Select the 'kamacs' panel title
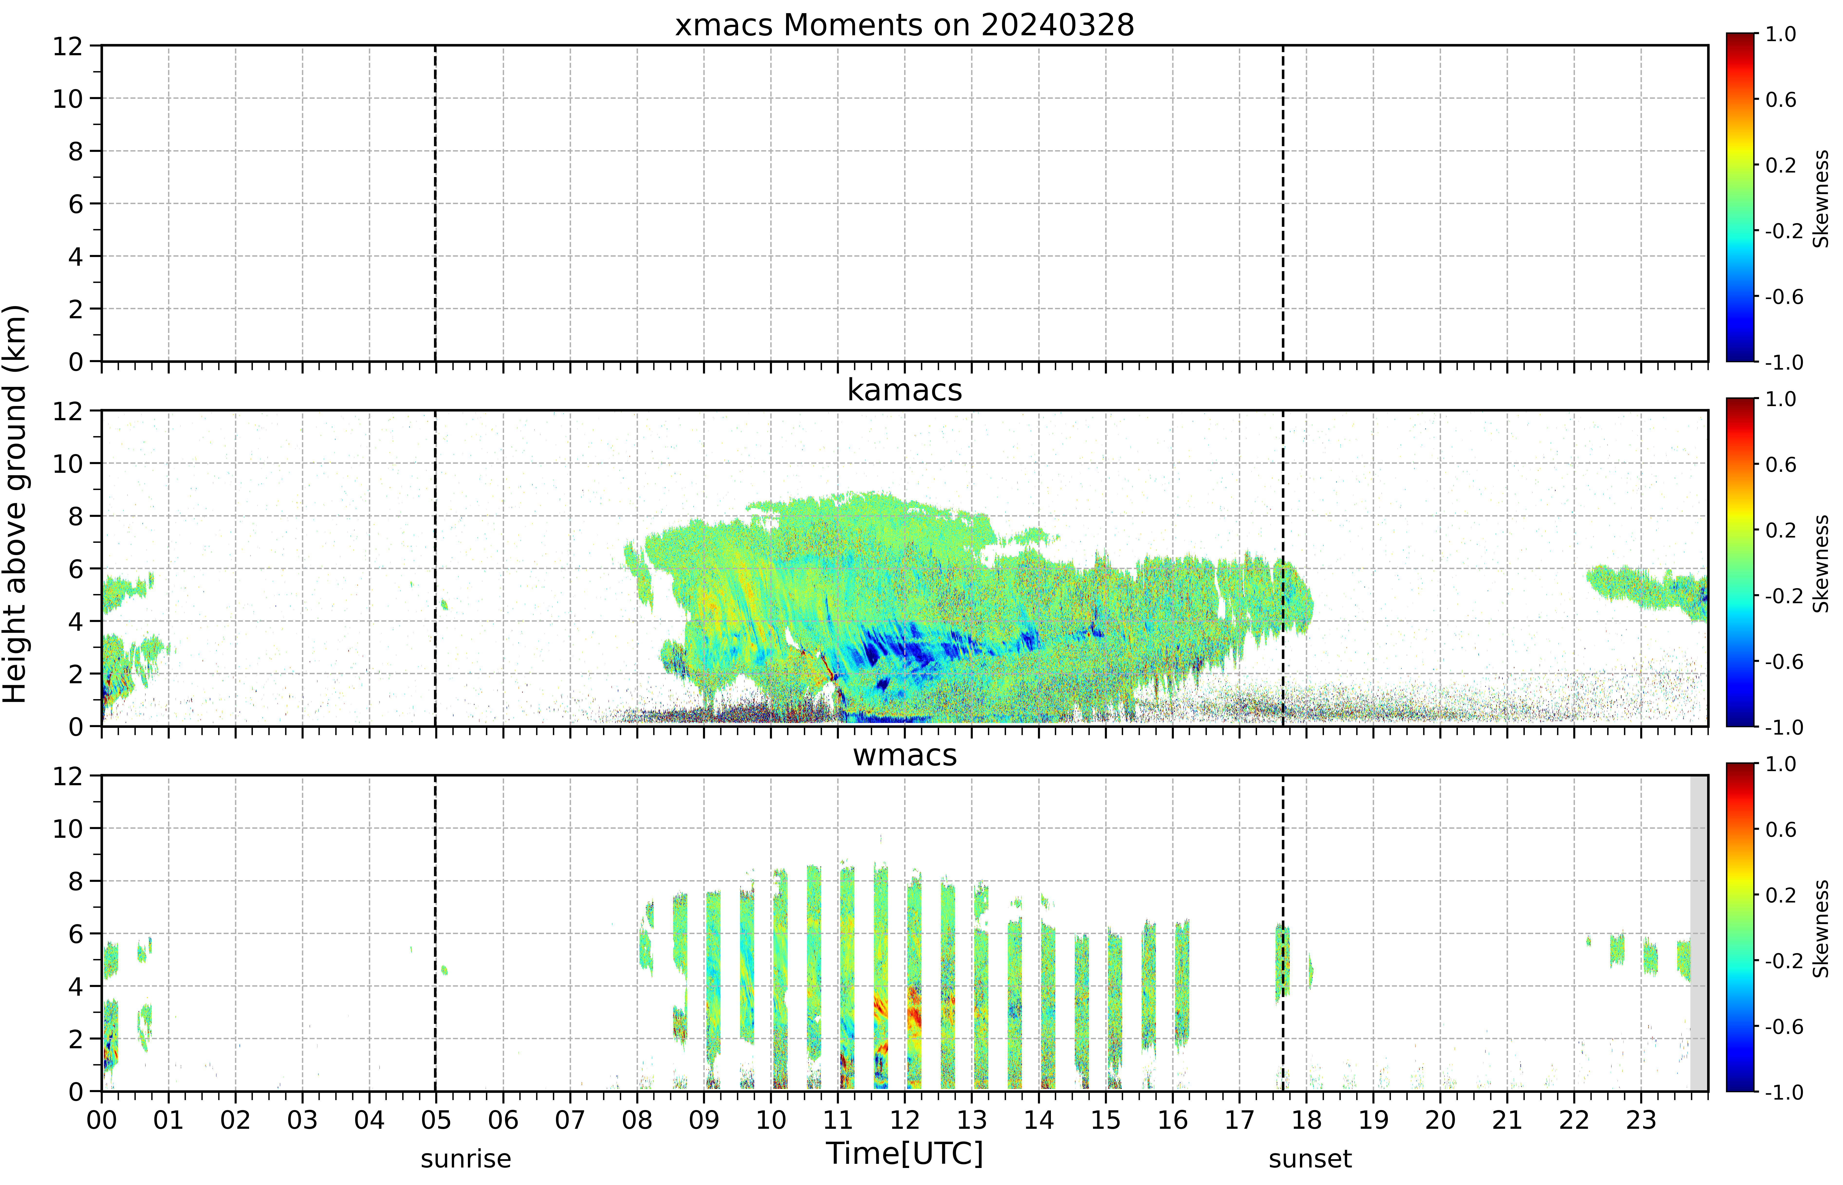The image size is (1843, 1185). tap(905, 390)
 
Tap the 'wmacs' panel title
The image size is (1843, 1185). tap(905, 755)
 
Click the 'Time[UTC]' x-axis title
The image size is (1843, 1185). tap(905, 1153)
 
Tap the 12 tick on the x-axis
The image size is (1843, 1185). tap(905, 1120)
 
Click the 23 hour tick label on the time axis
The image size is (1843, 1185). tap(1640, 1120)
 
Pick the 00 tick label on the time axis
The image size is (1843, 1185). tap(102, 1120)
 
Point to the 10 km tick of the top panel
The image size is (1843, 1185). tap(68, 99)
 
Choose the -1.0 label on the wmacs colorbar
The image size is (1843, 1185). tap(1784, 1092)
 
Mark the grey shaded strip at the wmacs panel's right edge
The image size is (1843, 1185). tap(1698, 933)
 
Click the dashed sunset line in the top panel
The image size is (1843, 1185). tap(1283, 203)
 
